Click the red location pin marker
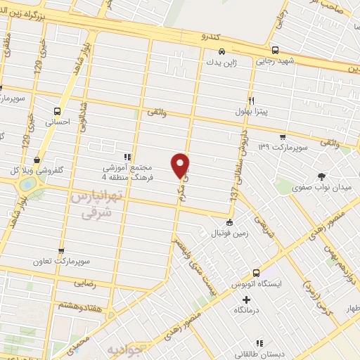(181, 165)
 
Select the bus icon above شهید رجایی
(275, 51)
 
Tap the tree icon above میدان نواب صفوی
(321, 176)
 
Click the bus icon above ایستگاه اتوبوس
(256, 272)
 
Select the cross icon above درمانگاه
(246, 300)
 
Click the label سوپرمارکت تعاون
(60, 261)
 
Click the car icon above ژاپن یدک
(221, 51)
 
